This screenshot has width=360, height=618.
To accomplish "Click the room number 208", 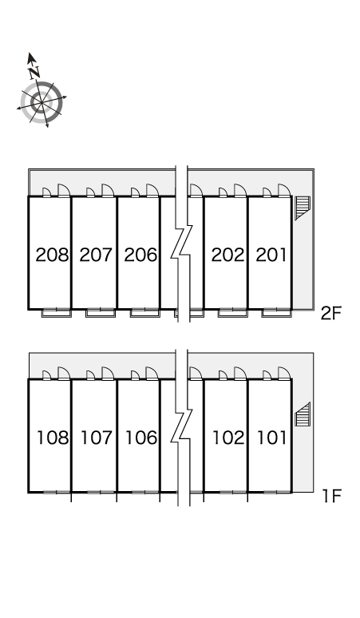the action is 52,255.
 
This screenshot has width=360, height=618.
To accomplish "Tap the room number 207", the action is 96,255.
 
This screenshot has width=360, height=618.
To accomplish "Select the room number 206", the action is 140,255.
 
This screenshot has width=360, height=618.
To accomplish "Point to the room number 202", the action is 227,255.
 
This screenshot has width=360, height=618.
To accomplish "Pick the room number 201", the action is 271,255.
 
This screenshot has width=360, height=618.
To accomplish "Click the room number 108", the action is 53,438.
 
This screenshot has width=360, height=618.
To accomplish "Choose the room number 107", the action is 97,438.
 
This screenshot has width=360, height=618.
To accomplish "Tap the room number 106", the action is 141,438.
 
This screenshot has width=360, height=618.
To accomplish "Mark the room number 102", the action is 228,438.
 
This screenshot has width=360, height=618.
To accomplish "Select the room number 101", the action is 271,438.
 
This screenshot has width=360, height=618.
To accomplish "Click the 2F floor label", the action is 330,314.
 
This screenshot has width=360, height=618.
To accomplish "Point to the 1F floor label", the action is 331,496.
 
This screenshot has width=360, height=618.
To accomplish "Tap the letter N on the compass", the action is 34,72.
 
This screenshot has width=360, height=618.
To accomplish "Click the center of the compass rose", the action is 42,102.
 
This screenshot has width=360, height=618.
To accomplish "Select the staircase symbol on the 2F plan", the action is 303,208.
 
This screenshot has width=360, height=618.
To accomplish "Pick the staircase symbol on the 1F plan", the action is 303,414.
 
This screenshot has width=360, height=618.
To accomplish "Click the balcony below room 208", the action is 57,313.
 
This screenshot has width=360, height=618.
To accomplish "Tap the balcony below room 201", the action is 277,313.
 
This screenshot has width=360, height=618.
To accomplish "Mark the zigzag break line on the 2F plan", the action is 181,244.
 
